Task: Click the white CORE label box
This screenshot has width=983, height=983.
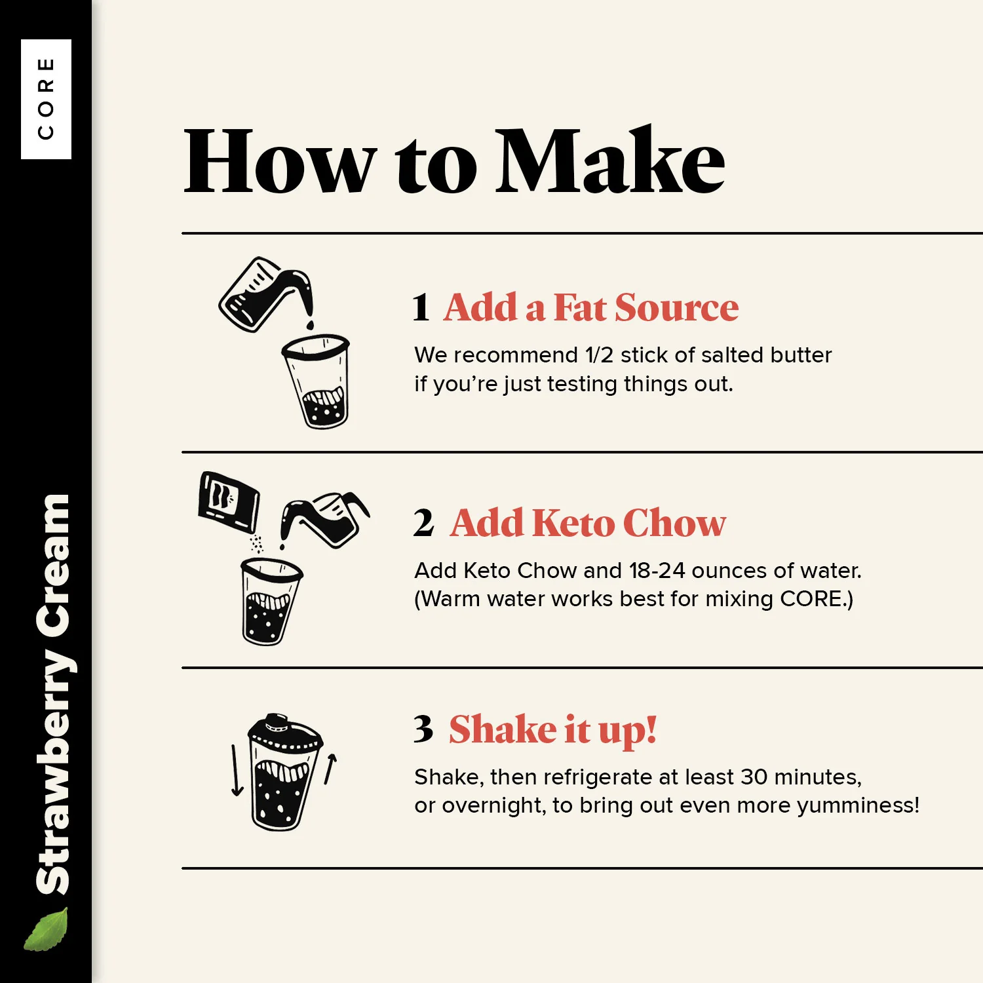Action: [46, 99]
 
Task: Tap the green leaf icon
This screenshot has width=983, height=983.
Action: [46, 929]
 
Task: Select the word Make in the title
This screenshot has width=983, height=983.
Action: [610, 161]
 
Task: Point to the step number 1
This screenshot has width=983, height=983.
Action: [421, 307]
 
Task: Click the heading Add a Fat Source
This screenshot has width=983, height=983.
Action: [591, 307]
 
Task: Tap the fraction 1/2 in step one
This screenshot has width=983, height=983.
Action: [599, 355]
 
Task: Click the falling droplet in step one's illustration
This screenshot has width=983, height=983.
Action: [310, 325]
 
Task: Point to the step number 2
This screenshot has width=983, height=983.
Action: [423, 523]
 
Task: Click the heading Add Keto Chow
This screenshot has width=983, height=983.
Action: [588, 523]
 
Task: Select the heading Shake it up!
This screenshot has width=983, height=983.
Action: [552, 730]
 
